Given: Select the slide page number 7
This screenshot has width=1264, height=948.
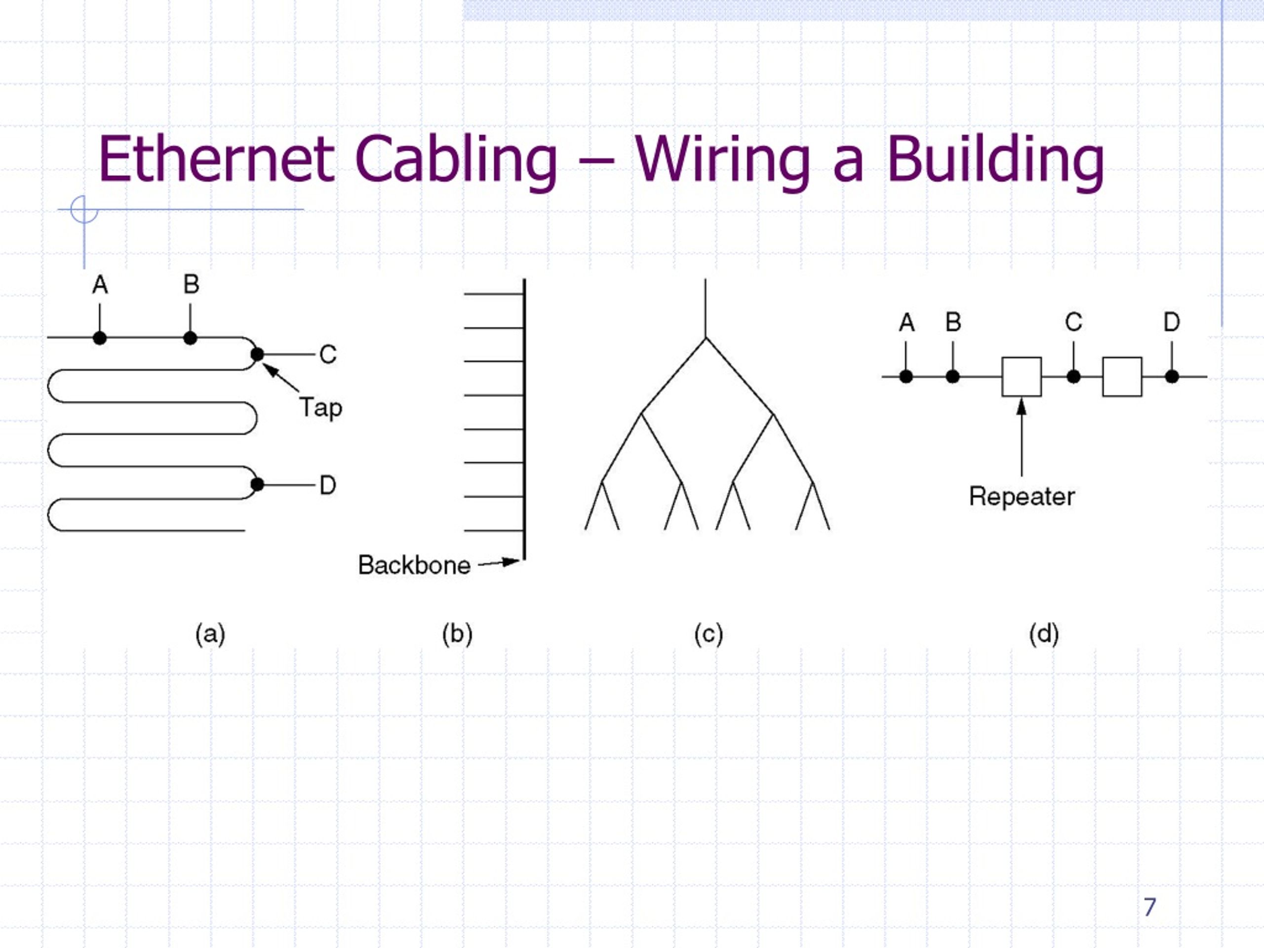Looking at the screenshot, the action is point(1149,907).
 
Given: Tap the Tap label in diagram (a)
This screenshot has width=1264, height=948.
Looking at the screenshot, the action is point(320,408).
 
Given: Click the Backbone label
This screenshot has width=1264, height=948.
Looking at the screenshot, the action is point(414,565).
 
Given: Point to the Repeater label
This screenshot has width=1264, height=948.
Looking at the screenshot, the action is point(1022,497).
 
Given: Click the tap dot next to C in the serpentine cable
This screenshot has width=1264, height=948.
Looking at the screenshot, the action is point(257,355).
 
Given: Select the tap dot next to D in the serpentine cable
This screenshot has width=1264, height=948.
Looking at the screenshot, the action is point(257,484).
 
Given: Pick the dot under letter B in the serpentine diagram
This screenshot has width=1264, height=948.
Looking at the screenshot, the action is point(190,338).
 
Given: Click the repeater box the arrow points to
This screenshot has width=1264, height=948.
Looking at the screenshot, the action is point(1022,377).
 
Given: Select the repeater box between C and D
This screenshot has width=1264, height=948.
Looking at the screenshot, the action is point(1122,377).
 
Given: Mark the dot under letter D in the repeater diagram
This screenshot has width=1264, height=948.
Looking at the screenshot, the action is point(1172,377).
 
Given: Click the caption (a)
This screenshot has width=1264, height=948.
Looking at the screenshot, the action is point(210,635).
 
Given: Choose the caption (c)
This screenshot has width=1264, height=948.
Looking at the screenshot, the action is point(709,635).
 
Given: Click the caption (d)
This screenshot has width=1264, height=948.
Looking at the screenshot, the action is point(1044,635).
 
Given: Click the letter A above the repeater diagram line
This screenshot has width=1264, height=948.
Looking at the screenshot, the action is point(907,323).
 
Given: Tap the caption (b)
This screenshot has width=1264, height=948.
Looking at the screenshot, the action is point(457,635).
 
